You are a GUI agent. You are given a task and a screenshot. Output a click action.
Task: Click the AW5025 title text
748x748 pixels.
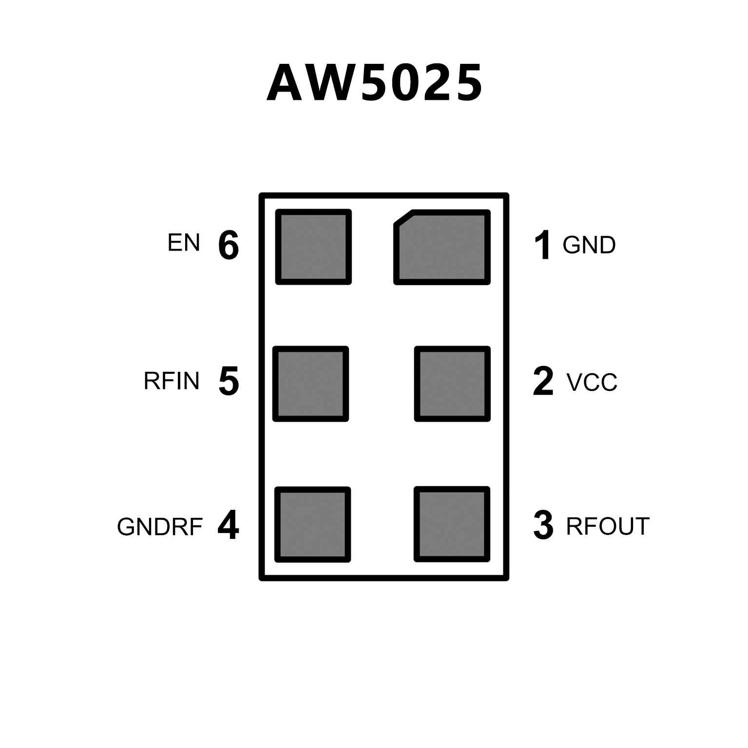pos(374,83)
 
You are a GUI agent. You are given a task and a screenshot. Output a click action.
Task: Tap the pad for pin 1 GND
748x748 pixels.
pos(442,247)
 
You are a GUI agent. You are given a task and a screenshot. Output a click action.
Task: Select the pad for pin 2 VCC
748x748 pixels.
pos(452,384)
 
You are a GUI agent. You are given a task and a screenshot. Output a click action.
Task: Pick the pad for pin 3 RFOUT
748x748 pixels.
pos(452,524)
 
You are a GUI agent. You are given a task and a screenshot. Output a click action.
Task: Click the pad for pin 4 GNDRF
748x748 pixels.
pos(313,524)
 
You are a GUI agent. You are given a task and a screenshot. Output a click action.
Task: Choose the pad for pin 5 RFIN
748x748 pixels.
pos(311,384)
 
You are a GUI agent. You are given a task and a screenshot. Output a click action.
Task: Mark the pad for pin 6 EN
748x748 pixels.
pos(313,247)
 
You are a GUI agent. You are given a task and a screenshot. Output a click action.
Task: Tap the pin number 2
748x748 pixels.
pos(543,381)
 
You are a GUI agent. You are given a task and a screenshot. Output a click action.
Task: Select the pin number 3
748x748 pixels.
pos(543,526)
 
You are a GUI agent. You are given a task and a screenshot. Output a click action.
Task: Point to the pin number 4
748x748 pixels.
pos(228,526)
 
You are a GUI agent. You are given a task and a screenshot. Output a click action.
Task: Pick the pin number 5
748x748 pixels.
pos(229,381)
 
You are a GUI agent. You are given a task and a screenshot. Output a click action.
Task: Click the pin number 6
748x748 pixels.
pos(229,245)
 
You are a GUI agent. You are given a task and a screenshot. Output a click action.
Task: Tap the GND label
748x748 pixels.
pos(589,245)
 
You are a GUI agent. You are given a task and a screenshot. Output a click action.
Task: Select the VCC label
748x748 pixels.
pos(592,383)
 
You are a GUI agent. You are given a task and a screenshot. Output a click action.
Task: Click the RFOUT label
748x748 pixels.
pos(608,526)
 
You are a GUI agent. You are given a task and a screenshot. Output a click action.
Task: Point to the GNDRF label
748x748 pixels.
pos(160,527)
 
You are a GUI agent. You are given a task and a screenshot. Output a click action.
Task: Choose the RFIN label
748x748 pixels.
pos(172,381)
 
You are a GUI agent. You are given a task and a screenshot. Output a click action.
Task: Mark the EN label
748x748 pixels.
pos(184,243)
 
